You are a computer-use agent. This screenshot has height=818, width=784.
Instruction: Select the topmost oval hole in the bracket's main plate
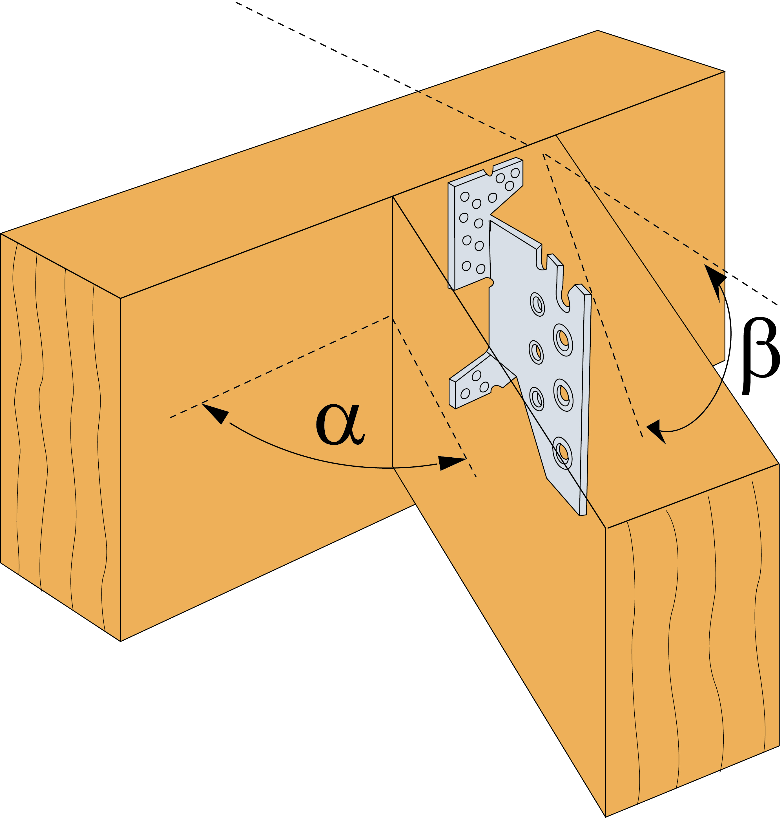click(x=537, y=304)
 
